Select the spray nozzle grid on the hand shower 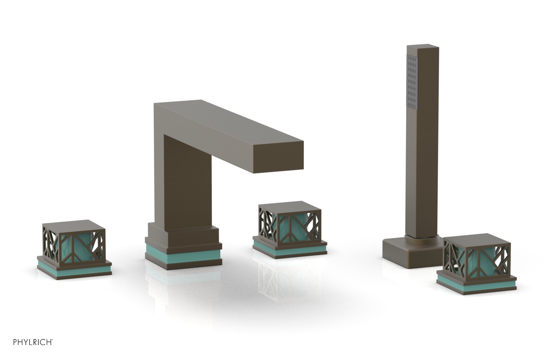click(412, 82)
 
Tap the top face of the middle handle click(289, 206)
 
